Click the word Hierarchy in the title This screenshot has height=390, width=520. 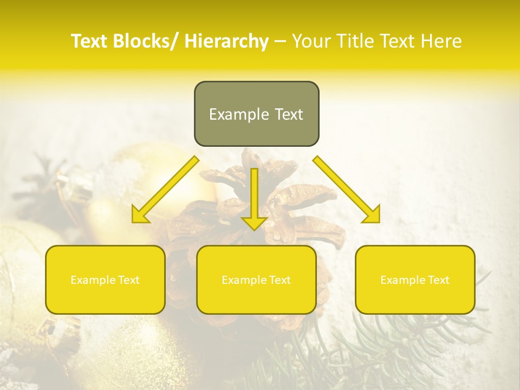click(226, 41)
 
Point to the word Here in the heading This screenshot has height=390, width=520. click(442, 41)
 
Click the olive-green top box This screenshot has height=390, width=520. click(256, 114)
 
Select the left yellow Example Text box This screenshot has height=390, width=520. click(105, 279)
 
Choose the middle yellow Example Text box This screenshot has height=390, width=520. click(256, 279)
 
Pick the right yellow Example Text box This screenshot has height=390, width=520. click(415, 279)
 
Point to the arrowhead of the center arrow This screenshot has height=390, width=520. click(254, 223)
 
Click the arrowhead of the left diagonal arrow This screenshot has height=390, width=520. click(140, 215)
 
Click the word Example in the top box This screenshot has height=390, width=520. click(239, 114)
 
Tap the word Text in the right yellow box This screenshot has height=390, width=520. click(438, 280)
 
